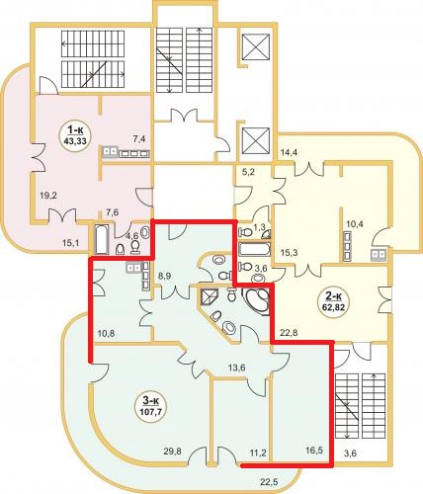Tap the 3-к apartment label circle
[150, 406]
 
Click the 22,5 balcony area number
[269, 482]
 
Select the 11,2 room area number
[257, 453]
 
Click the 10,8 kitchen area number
[106, 333]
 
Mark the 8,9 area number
[164, 276]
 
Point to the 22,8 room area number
[289, 333]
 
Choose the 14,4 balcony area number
[290, 152]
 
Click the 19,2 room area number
[48, 196]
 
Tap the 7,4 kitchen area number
[139, 139]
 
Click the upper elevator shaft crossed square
[256, 46]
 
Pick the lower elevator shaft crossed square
[256, 140]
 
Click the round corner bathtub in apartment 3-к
[256, 301]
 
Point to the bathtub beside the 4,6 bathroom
[102, 239]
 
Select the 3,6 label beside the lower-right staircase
[350, 453]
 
